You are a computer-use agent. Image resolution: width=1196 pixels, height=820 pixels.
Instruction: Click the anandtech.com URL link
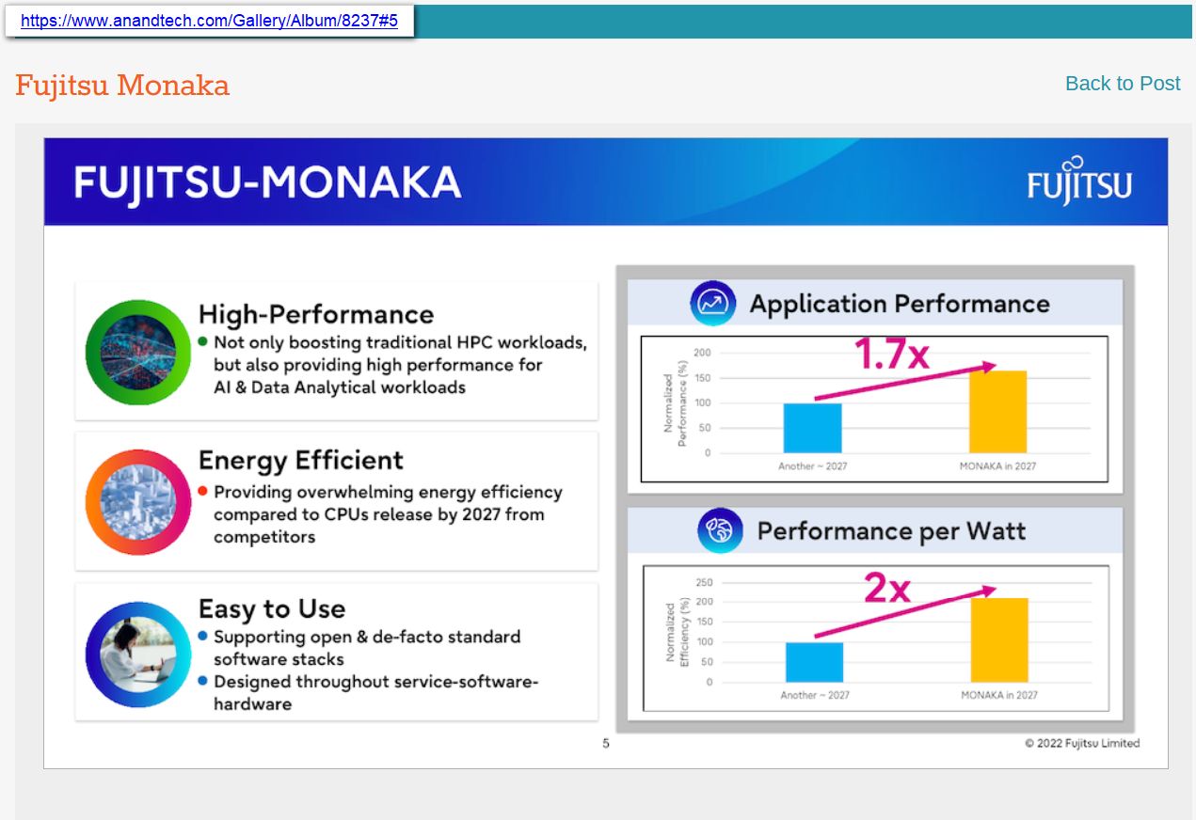point(209,21)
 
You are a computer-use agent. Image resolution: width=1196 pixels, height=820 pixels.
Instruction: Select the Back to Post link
point(1122,84)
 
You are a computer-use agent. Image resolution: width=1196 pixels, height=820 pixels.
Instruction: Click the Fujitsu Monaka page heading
point(122,86)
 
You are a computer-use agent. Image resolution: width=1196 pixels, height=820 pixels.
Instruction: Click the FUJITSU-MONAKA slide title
point(267,182)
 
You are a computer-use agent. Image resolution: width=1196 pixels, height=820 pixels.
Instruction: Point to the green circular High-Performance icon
point(138,353)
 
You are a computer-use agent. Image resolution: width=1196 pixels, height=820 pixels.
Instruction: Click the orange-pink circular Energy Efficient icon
point(138,502)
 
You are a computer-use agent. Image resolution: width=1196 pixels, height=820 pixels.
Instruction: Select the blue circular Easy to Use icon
point(138,654)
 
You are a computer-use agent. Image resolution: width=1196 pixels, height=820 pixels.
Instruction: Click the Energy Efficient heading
point(300,460)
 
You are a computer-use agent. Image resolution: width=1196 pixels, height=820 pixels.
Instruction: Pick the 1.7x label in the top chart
point(890,355)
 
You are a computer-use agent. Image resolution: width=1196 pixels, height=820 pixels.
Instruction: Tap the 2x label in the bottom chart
point(886,589)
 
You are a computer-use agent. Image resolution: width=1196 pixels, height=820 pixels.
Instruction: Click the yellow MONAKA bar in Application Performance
point(997,412)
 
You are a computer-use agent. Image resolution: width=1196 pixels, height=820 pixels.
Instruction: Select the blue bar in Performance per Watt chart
point(814,662)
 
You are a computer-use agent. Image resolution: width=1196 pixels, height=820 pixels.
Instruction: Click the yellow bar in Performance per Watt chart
point(998,639)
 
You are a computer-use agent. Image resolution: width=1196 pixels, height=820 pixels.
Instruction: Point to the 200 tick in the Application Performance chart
point(701,354)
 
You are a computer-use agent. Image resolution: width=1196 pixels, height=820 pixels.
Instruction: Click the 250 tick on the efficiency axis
point(704,583)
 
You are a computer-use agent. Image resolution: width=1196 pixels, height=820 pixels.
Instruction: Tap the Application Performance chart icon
point(712,304)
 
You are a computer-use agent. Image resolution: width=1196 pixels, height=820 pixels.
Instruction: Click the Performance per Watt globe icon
point(720,531)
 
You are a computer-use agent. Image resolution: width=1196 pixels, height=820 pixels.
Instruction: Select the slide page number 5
point(606,744)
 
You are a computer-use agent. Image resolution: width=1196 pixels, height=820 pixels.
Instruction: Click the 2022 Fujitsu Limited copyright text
point(1082,744)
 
